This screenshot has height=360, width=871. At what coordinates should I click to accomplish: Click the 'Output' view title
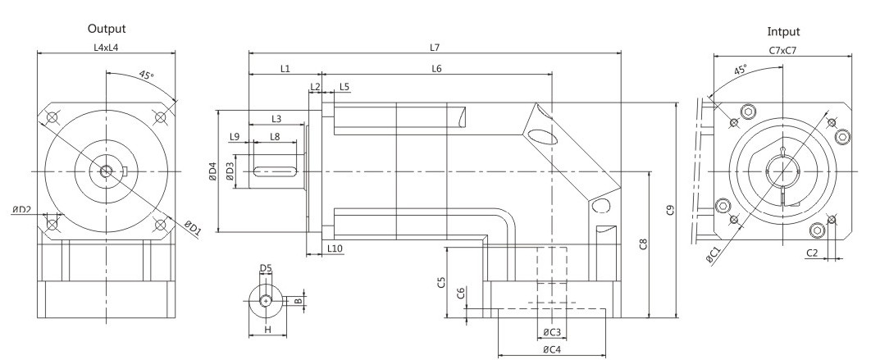pos(107,29)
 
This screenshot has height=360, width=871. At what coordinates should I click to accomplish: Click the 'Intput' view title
pos(783,32)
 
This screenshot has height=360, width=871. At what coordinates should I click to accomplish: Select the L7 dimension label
pos(435,48)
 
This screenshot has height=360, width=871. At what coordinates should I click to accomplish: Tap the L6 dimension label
pos(436,68)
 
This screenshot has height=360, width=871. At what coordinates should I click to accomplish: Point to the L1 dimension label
pos(285,68)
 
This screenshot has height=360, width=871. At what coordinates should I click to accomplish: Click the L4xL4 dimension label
pos(106,48)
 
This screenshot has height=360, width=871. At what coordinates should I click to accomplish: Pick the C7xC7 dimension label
pos(782,51)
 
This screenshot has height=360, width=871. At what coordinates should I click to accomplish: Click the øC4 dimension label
pos(552,349)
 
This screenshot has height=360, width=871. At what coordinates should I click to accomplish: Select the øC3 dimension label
pos(552,332)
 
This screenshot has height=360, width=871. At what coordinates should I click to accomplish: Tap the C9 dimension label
pos(670,210)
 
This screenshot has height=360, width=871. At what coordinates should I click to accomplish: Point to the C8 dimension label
pos(643,244)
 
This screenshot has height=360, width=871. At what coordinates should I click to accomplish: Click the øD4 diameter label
pos(212,171)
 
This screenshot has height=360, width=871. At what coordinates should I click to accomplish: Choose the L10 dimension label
pos(335,248)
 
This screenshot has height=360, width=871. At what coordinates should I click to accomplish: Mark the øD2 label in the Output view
pos(21,209)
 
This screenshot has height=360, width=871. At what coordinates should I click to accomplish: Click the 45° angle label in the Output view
pos(145,75)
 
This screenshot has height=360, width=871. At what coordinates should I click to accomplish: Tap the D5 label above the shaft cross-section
pos(266,268)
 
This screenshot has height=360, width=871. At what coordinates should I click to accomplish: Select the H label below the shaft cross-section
pos(267,330)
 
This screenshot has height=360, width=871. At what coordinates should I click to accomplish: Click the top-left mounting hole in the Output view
pos(52,118)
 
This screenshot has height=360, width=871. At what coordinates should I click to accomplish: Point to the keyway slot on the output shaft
pos(274,171)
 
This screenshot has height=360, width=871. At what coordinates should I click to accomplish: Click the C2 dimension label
pos(812,253)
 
